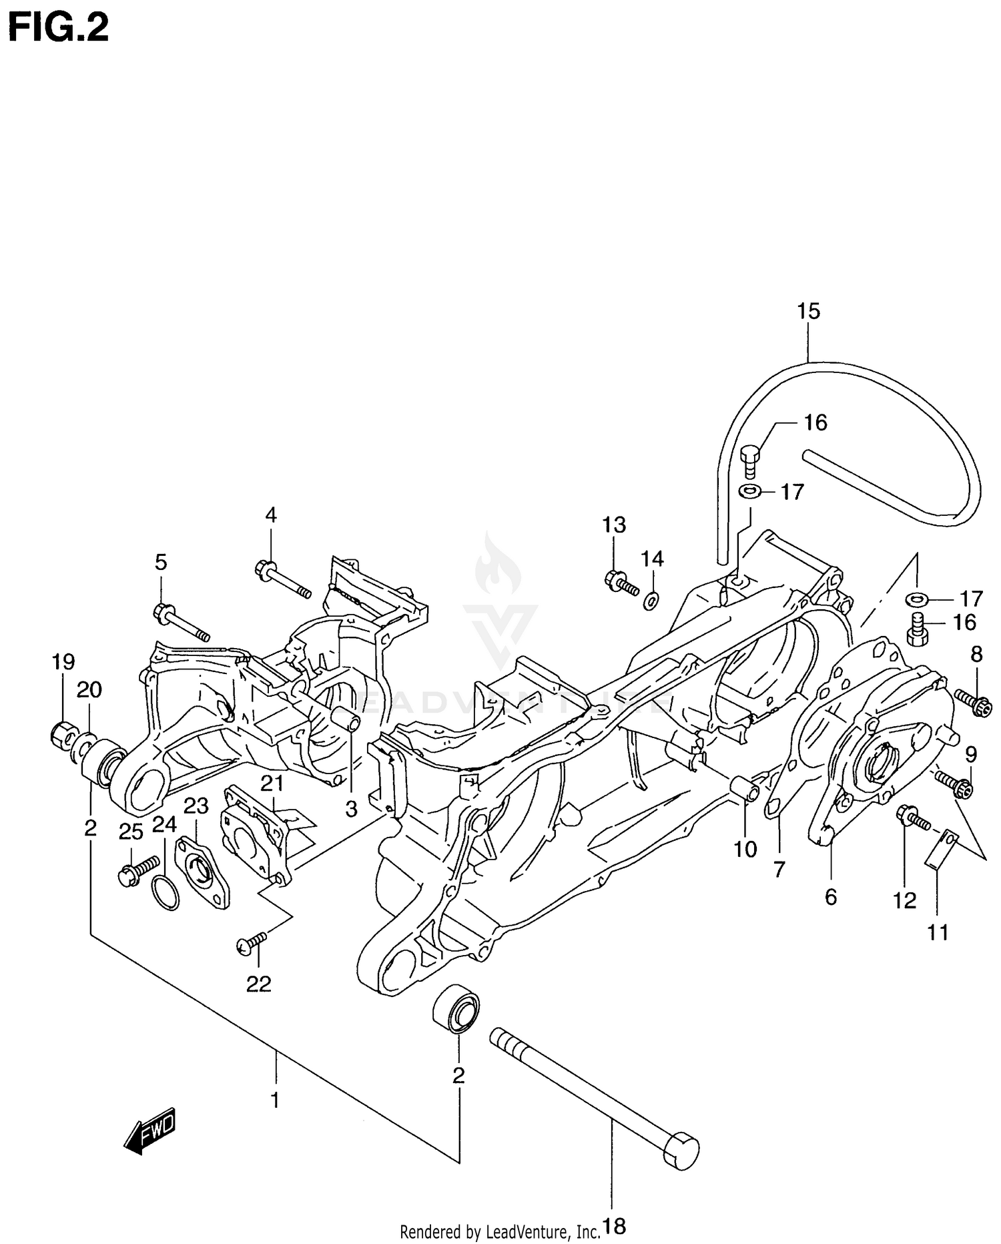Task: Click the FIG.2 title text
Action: [58, 28]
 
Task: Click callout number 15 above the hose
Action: [808, 311]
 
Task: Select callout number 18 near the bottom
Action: [614, 1226]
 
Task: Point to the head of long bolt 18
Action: [681, 1150]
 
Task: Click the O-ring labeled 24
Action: [165, 894]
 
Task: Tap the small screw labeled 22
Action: [251, 942]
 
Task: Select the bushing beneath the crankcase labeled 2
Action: [456, 1009]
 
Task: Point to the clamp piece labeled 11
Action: [940, 848]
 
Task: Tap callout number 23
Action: [196, 807]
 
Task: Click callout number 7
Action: [779, 870]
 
